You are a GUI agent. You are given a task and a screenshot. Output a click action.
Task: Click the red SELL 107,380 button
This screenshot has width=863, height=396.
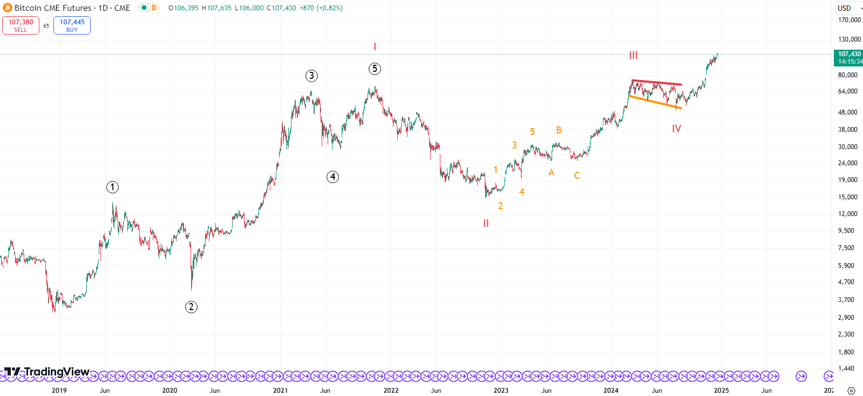click(21, 25)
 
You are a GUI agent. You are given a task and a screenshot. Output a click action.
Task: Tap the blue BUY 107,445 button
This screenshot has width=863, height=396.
click(72, 25)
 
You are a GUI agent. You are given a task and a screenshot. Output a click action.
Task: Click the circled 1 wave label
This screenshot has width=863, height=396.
click(112, 187)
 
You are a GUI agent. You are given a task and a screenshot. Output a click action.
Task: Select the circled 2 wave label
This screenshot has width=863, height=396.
click(191, 307)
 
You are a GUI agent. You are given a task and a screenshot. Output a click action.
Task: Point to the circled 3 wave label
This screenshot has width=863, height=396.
click(311, 76)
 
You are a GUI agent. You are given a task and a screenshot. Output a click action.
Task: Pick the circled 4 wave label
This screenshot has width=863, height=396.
click(332, 177)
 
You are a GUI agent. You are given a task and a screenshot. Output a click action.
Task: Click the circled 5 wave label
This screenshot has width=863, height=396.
click(375, 69)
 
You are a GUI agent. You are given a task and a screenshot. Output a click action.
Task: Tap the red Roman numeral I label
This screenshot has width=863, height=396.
click(375, 47)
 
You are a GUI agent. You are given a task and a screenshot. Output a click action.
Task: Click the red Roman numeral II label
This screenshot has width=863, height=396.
click(486, 223)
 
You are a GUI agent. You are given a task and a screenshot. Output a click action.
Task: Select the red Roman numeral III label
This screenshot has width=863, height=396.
click(633, 55)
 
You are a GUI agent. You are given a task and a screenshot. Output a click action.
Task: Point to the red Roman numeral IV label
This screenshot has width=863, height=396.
click(676, 129)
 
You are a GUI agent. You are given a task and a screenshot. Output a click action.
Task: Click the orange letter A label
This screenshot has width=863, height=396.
click(551, 172)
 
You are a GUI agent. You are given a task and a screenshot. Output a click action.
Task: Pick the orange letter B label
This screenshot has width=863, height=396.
click(559, 130)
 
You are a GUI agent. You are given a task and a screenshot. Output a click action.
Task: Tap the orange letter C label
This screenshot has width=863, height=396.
click(577, 176)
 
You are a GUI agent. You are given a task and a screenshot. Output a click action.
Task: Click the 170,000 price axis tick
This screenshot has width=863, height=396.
click(849, 20)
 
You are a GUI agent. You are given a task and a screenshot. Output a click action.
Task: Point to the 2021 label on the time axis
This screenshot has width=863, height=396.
click(280, 390)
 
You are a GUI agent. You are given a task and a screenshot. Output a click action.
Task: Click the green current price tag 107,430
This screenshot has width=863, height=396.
click(849, 57)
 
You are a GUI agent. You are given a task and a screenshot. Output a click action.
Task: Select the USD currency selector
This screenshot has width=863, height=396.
click(848, 8)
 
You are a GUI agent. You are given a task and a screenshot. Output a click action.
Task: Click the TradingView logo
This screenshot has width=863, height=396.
click(47, 372)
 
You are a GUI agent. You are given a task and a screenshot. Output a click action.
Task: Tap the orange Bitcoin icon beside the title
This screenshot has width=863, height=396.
click(8, 8)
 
